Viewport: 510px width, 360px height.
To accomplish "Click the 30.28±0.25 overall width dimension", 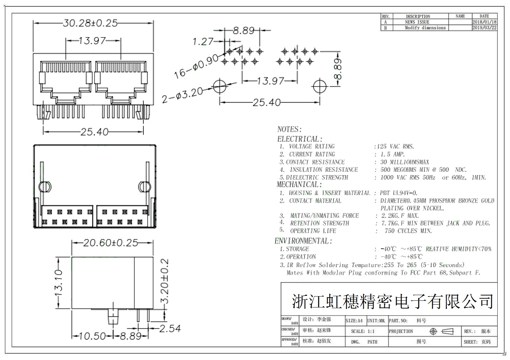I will (x=90, y=23).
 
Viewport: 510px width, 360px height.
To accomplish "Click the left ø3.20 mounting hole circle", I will (x=220, y=86).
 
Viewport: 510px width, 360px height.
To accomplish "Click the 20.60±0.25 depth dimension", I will (x=110, y=243).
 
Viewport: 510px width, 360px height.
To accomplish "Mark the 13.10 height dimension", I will (x=59, y=282).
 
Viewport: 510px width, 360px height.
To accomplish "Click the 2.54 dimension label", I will (x=170, y=329).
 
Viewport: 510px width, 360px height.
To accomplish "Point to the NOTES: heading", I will (x=289, y=129).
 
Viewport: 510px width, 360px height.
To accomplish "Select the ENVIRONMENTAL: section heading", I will (x=303, y=241).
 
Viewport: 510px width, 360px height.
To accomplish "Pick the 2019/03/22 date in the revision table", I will (x=484, y=28).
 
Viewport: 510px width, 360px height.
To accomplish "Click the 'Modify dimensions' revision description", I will (x=425, y=28).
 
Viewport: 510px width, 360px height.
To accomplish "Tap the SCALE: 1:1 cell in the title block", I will (x=362, y=331).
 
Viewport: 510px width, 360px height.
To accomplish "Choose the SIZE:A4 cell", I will (x=354, y=321).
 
